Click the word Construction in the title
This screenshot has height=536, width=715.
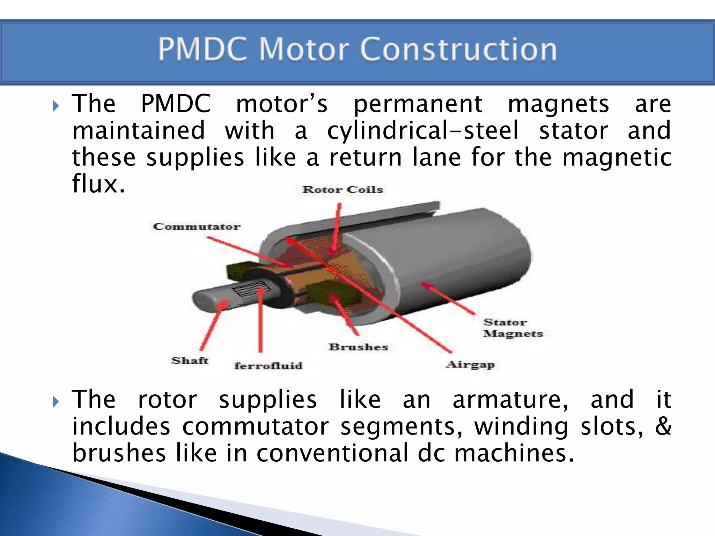click(458, 50)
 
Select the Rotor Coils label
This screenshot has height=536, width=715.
click(342, 190)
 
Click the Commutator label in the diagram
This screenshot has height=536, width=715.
click(197, 227)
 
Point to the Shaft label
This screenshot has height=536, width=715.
click(190, 360)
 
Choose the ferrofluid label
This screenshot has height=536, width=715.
click(268, 366)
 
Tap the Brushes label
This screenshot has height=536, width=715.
click(358, 347)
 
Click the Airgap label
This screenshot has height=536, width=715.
click(470, 365)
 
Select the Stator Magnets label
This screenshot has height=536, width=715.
click(513, 328)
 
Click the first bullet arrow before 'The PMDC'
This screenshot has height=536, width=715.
click(56, 106)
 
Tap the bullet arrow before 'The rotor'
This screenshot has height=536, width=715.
click(56, 402)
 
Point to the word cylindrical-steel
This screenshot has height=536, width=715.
click(422, 131)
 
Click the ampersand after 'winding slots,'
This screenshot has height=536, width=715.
click(663, 426)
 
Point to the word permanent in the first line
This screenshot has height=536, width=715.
click(418, 104)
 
